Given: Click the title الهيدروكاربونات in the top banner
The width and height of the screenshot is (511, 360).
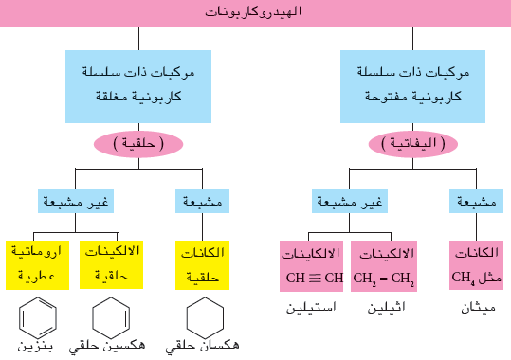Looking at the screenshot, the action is tap(253, 12).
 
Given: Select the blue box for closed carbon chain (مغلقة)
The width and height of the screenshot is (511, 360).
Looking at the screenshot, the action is tap(138, 86).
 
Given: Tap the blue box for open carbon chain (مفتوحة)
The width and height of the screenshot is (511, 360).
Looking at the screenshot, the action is tap(412, 86).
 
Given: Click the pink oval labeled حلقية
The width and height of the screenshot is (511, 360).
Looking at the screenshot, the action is tap(138, 144).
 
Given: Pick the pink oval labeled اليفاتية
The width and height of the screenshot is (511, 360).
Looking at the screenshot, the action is tap(413, 144).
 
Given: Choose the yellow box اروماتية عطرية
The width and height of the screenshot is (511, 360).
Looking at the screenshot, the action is tap(38, 265).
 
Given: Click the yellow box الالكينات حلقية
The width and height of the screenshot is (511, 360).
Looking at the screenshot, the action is tap(111, 264).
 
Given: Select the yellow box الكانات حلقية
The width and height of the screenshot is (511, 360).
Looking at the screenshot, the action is tap(202, 265).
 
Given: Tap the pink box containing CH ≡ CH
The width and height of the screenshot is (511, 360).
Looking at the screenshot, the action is tap(311, 266).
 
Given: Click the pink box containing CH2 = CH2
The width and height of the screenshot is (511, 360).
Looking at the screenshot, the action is tap(384, 266).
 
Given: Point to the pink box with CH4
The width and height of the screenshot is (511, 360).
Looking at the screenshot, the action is tap(477, 265).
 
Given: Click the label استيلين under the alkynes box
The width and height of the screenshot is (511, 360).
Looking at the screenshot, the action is tap(311, 307).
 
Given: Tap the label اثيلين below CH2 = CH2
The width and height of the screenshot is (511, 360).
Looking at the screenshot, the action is tap(386, 307).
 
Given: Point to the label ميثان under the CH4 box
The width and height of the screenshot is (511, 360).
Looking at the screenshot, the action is tap(479, 308).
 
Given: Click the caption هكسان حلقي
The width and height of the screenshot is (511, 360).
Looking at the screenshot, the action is tap(202, 346).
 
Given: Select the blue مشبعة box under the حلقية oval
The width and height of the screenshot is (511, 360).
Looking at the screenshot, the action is tap(202, 202).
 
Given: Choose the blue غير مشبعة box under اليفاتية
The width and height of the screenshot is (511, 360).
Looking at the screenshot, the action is tap(350, 202).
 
